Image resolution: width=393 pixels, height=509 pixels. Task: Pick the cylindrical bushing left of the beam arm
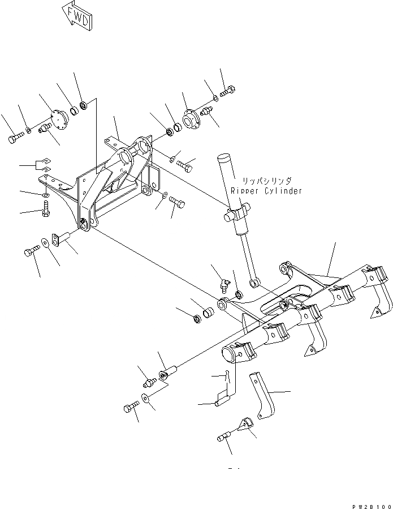[x=208, y=312]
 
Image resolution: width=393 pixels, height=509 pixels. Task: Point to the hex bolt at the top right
[x=228, y=91]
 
